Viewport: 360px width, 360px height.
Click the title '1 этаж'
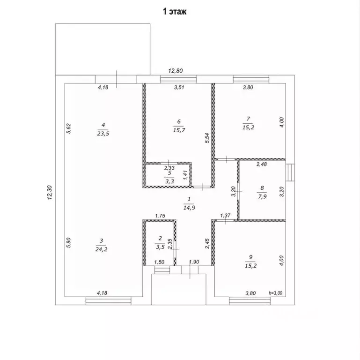coord(175,11)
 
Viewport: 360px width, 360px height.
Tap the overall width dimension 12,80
coord(176,71)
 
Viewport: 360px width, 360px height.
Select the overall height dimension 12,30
coord(50,193)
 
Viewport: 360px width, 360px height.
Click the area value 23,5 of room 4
coord(103,134)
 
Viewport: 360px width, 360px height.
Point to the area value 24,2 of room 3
coord(101,249)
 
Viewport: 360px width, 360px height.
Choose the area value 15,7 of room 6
coord(179,130)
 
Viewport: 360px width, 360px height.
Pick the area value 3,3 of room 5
coord(169,181)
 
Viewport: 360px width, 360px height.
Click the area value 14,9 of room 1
coord(190,208)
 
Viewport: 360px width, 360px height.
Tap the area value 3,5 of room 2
coord(160,247)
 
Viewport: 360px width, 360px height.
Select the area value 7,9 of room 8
coord(262,196)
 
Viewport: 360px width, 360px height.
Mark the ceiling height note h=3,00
coord(276,293)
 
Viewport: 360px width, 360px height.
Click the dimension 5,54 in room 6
coord(207,138)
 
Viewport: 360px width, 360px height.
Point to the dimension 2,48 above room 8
coord(262,164)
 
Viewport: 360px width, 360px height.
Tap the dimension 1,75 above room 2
coord(160,216)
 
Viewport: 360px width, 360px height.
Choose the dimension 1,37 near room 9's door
coord(225,216)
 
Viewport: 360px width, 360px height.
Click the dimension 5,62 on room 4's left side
coord(69,128)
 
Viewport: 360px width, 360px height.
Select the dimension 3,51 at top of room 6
coord(179,87)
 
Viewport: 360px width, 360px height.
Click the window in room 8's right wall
coord(290,172)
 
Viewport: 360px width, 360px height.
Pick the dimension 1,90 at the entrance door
coord(194,262)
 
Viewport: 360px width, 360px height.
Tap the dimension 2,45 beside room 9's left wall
coord(207,243)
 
